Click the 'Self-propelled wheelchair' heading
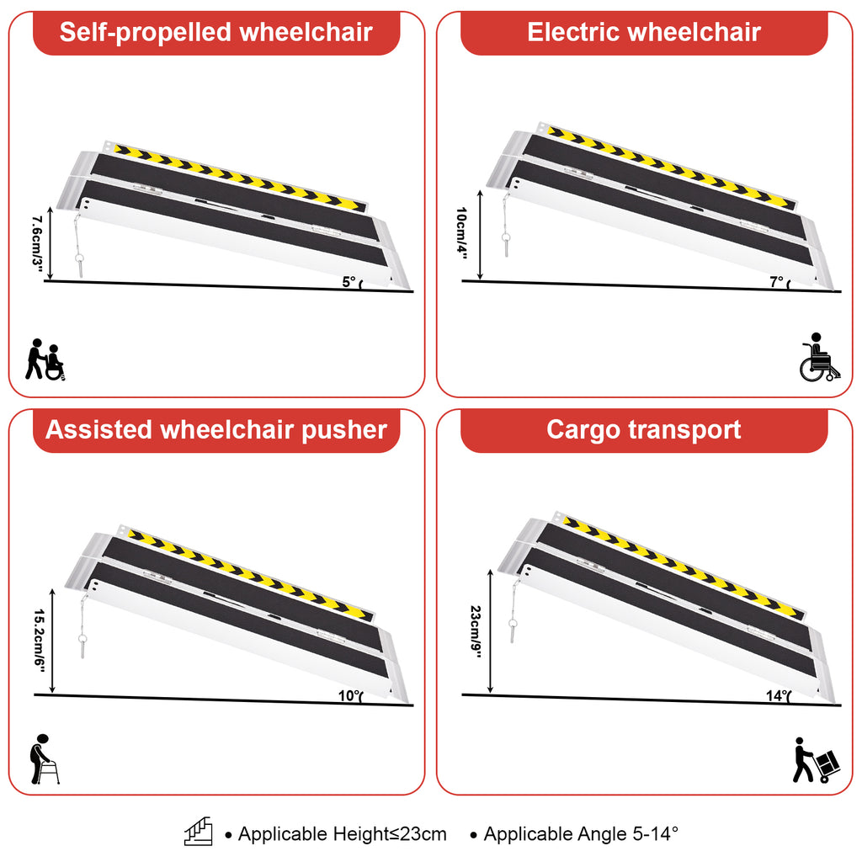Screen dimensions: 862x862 (x=216, y=32)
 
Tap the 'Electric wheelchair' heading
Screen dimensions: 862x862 (x=644, y=32)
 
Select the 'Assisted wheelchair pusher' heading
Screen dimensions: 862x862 (x=216, y=430)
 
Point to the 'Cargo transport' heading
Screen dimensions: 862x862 (x=644, y=430)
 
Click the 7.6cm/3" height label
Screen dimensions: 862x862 (x=37, y=242)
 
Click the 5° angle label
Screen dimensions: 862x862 (x=349, y=282)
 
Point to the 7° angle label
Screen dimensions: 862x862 (x=776, y=282)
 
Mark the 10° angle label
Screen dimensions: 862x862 (x=349, y=696)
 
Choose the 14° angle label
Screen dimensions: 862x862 (x=777, y=696)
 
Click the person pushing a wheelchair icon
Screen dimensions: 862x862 (x=45, y=359)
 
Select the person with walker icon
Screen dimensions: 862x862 (x=44, y=759)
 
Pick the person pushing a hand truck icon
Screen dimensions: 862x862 (x=817, y=760)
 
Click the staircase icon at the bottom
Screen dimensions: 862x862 (x=199, y=832)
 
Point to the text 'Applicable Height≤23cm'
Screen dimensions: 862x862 (x=342, y=834)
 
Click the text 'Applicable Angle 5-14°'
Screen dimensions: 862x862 (x=581, y=834)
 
